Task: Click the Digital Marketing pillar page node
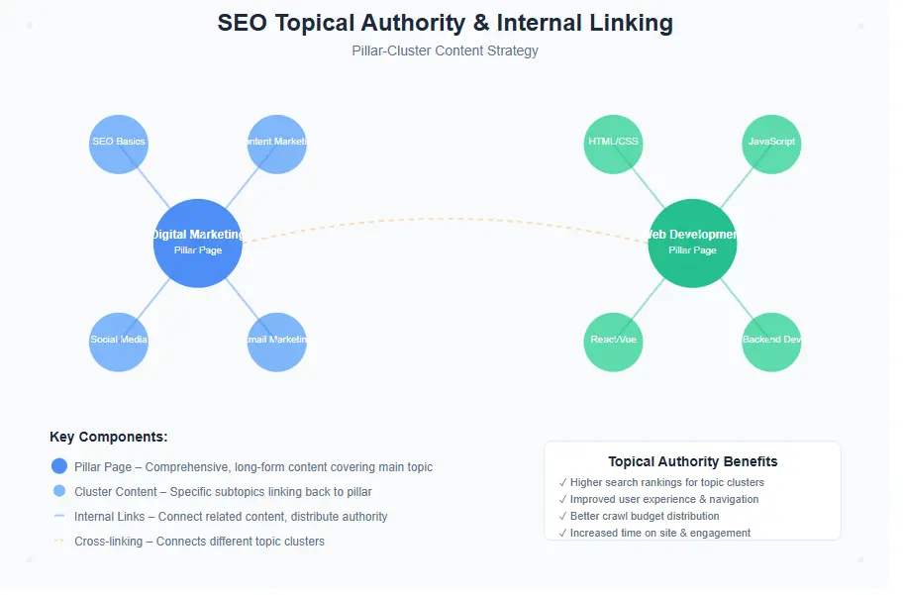pos(198,243)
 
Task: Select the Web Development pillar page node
pos(692,243)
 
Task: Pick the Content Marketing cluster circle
pos(277,144)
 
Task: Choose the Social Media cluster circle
pos(119,342)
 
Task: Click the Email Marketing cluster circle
pos(277,342)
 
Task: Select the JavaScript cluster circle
pos(771,144)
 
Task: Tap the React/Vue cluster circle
pos(613,342)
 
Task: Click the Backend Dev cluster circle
pos(771,342)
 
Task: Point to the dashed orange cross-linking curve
pos(446,219)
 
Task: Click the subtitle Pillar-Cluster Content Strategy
pos(445,50)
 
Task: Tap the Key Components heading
pos(109,437)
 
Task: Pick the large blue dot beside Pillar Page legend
pos(59,466)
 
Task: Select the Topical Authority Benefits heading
pos(692,461)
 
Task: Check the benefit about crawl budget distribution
pos(645,516)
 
